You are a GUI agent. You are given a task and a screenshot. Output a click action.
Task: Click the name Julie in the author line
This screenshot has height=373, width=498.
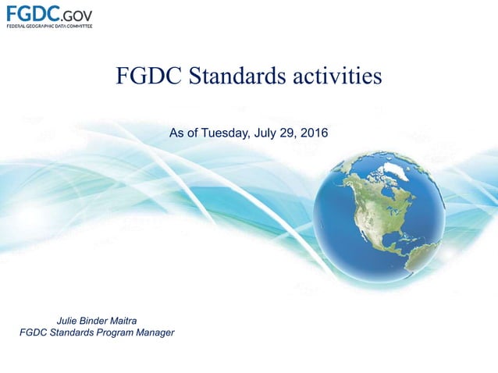(x=72, y=320)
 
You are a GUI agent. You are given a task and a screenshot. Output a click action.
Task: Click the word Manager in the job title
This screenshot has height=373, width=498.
(x=153, y=333)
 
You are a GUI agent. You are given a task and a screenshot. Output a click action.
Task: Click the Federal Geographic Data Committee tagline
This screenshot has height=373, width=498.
(x=49, y=27)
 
